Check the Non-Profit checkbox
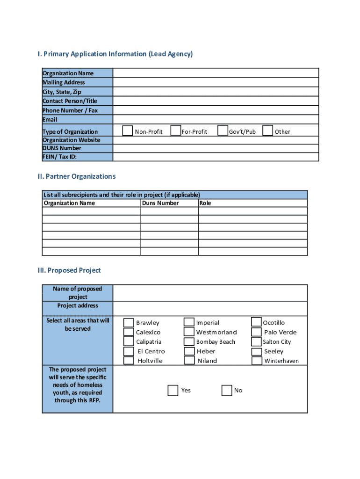(128, 131)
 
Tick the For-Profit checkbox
(176, 131)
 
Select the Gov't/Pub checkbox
(223, 131)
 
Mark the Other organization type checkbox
(268, 131)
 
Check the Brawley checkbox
(129, 323)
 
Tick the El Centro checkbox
(129, 351)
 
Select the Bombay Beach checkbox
(189, 342)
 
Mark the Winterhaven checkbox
(257, 361)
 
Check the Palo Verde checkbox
(257, 332)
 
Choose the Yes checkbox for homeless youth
(173, 390)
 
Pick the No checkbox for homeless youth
(227, 390)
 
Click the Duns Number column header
(160, 203)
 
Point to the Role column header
(205, 203)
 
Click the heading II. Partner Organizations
(77, 176)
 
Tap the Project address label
(78, 305)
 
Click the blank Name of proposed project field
(210, 293)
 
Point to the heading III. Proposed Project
(69, 270)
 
